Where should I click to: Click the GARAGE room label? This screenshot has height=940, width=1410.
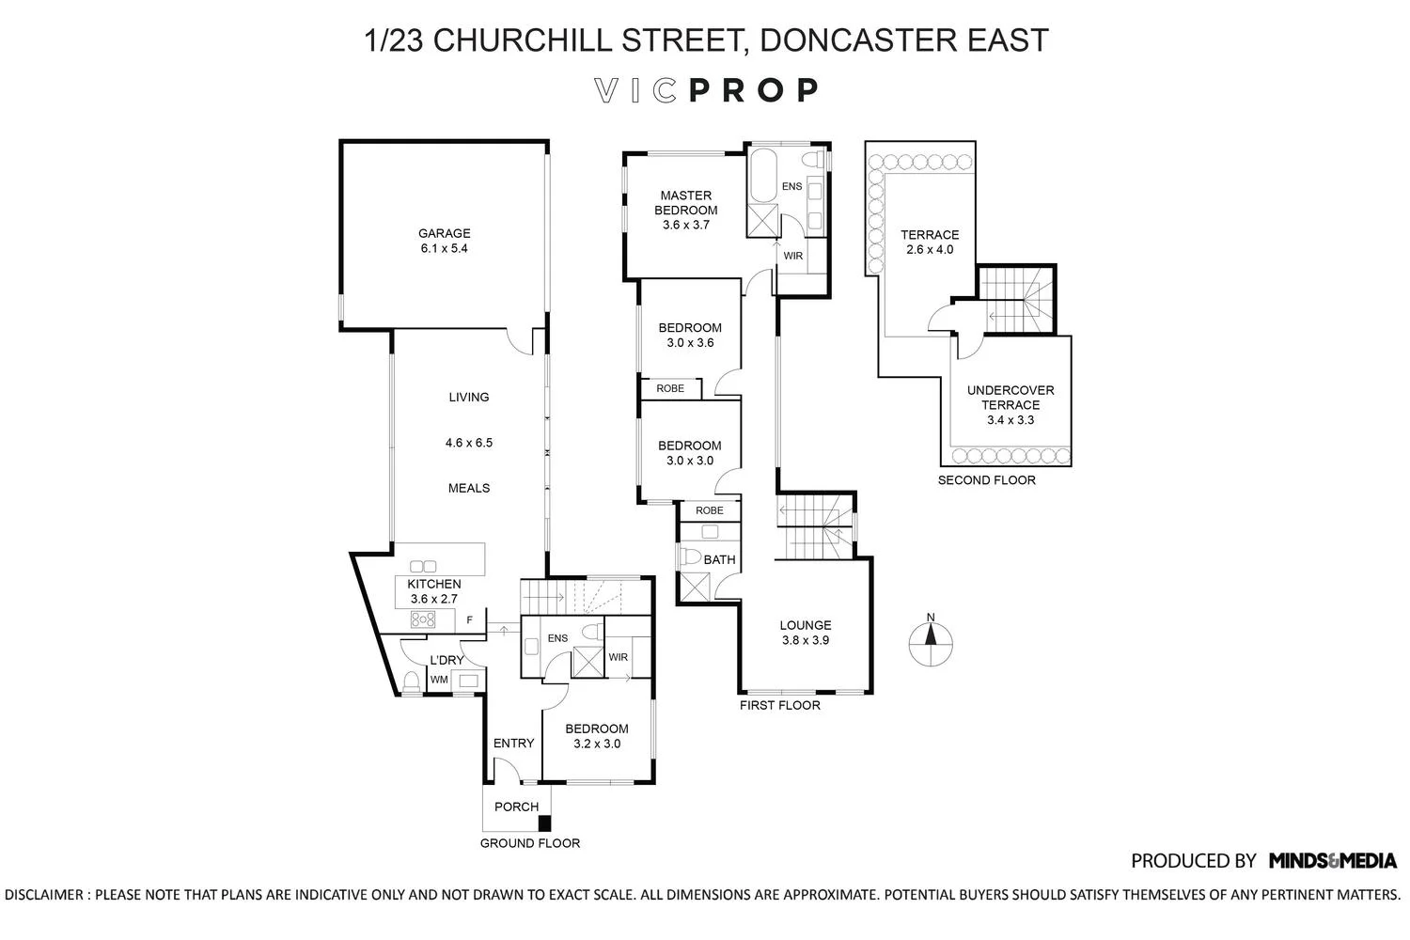445,241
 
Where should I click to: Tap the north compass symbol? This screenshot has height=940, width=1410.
931,645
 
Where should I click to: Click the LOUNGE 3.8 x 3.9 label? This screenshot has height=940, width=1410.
806,633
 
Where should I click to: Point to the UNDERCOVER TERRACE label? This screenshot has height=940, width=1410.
1010,405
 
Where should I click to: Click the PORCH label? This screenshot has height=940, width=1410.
516,807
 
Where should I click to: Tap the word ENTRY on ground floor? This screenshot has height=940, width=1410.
513,744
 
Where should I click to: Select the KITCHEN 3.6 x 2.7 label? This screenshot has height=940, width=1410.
433,591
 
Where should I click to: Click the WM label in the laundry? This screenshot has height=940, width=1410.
439,680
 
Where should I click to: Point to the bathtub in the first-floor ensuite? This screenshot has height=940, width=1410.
761,176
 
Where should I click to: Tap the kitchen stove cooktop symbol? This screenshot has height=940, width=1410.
423,619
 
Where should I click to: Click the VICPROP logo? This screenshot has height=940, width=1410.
707,90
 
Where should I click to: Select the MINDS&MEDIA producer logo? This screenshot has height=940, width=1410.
1332,860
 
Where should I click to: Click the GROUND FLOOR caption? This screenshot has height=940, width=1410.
529,843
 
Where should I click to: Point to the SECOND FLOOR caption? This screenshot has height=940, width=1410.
986,480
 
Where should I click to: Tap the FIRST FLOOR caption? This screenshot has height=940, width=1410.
779,705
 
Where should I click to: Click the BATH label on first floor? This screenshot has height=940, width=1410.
719,560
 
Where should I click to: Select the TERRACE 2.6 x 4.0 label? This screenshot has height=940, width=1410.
930,242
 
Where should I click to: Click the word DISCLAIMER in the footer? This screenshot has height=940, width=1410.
44,894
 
